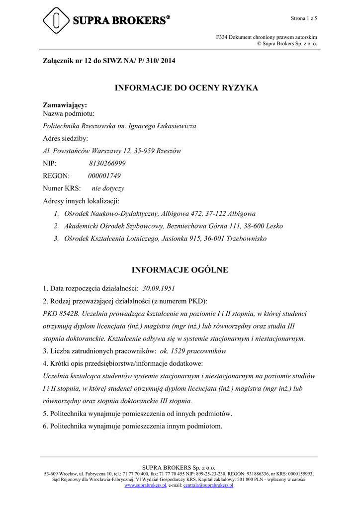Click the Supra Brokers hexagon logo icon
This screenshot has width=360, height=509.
coord(56,20)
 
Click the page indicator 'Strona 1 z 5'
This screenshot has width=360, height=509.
coord(304,18)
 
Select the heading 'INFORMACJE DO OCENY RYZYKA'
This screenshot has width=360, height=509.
coord(180,88)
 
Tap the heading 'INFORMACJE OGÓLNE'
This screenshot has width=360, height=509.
coord(180,270)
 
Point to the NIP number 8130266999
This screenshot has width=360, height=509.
coord(107,163)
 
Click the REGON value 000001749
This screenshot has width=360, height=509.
coord(104,176)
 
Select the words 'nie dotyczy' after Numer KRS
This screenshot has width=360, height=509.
coord(108,188)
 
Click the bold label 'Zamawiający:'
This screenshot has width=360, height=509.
coord(65,105)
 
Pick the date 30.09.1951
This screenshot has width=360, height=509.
coord(159,288)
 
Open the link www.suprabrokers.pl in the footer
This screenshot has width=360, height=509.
coord(145,485)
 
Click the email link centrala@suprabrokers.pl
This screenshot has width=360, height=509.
coord(208,485)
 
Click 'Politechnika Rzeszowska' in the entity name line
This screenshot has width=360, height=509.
coord(79,126)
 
